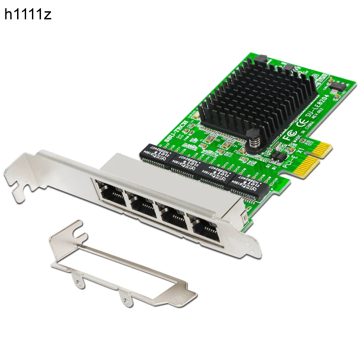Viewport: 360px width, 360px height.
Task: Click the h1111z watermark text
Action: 28,15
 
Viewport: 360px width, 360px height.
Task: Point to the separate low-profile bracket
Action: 121,265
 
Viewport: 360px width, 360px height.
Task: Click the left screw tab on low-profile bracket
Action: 80,281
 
